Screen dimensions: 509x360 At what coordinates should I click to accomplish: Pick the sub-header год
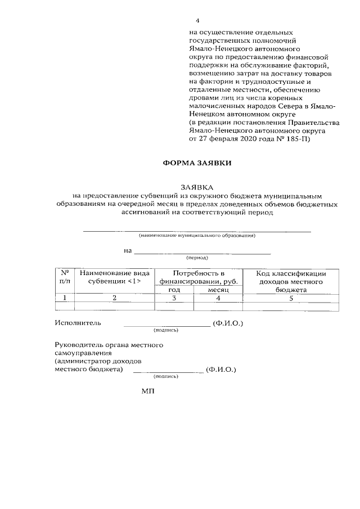coord(174,289)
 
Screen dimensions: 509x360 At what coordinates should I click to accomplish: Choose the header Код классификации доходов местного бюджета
coord(291,281)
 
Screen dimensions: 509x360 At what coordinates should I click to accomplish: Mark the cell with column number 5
coord(291,298)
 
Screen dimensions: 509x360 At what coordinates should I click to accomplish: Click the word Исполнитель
coord(78,323)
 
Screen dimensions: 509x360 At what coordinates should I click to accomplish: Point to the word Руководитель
coord(78,344)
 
